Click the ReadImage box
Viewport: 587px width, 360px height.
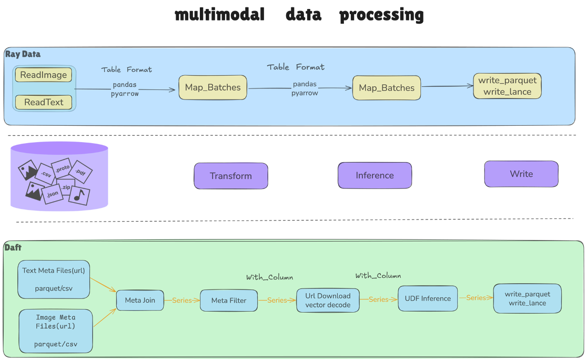tap(44, 75)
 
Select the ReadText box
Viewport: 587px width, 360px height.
tap(44, 102)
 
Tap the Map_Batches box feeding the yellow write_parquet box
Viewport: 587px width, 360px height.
tap(387, 88)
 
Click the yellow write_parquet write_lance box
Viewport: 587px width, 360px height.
tap(507, 86)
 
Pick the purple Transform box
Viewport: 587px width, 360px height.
tap(231, 176)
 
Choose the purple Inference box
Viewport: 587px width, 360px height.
tap(375, 175)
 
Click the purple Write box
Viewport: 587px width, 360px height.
tap(521, 174)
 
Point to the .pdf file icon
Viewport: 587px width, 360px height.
tap(80, 171)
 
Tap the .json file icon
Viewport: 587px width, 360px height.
tap(52, 193)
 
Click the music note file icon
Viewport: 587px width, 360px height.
tap(79, 195)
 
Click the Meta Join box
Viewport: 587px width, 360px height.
tap(140, 301)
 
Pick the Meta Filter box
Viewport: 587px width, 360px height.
tap(229, 301)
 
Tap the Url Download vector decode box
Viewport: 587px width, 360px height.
tap(328, 301)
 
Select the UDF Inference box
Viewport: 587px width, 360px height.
tap(428, 298)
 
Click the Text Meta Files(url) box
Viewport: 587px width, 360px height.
tap(54, 279)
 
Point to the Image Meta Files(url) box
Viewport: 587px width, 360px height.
tap(56, 331)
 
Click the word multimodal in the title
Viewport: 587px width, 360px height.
tap(220, 15)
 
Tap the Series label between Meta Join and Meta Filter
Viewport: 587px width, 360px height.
tap(181, 301)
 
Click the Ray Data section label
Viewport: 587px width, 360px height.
tap(23, 54)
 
